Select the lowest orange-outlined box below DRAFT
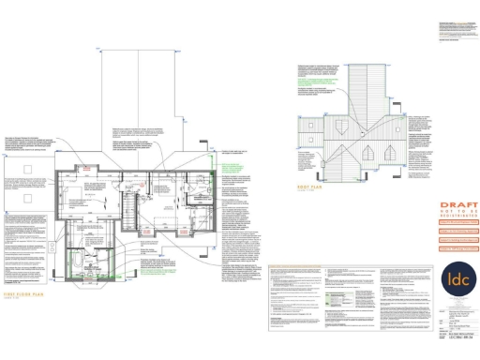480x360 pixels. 457,247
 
